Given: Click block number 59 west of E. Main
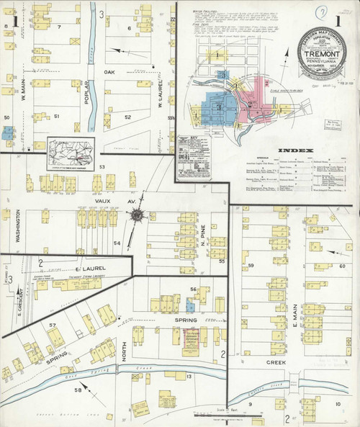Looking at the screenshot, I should click(251, 266).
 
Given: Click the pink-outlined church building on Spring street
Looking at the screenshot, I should click(192, 343).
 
